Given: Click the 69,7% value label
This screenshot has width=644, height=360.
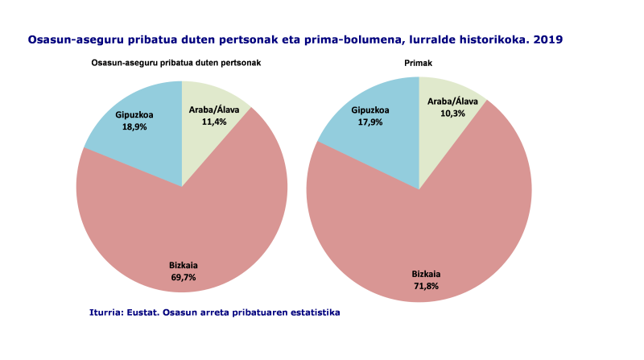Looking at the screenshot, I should coord(183,277).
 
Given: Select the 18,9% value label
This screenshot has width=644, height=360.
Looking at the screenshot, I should coord(134,126).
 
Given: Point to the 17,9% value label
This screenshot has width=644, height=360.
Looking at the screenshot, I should coord(370,122).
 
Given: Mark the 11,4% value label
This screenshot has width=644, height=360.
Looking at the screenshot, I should coord(213,122).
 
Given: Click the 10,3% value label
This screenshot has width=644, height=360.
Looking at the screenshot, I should coord(452,114).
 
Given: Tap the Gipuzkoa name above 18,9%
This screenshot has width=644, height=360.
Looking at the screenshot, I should coord(134,115).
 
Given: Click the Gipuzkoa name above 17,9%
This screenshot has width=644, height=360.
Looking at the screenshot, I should coord(370,110).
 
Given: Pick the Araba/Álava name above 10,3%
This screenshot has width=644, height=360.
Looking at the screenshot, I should coord(452,101).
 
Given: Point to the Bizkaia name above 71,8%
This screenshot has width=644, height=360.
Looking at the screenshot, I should coord(426,273).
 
